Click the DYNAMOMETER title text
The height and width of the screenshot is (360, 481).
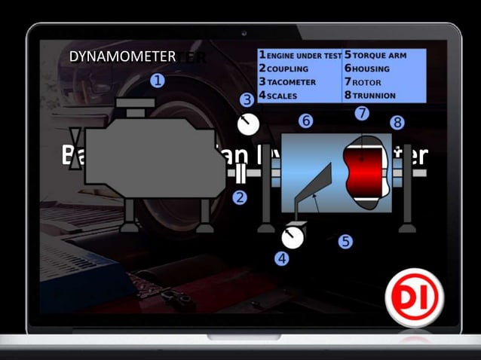click(122, 56)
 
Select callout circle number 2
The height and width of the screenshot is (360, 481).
click(240, 198)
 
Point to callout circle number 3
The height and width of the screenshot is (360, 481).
click(246, 99)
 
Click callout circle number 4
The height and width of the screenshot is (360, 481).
click(281, 258)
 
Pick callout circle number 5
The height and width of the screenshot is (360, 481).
click(345, 242)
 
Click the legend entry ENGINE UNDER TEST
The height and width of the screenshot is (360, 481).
click(300, 56)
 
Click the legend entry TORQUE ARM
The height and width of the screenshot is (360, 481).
click(381, 56)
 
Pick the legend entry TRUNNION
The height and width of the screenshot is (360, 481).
click(376, 95)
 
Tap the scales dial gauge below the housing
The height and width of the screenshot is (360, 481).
click(293, 237)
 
